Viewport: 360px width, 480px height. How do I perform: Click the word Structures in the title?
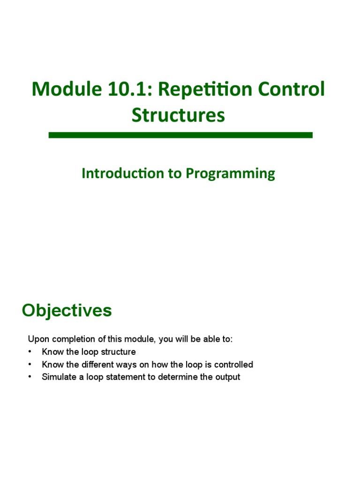(178, 115)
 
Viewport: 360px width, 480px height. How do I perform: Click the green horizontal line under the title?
(180, 135)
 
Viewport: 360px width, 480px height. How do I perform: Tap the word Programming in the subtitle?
(231, 174)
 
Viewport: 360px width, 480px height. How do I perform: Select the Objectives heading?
(67, 310)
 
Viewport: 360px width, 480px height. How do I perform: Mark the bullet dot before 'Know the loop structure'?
(30, 352)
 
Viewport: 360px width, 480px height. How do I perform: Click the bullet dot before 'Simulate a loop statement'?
(30, 377)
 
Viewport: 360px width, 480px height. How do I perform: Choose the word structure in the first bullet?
(119, 352)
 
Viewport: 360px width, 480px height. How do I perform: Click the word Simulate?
(57, 377)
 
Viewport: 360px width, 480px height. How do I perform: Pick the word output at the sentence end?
(228, 377)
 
